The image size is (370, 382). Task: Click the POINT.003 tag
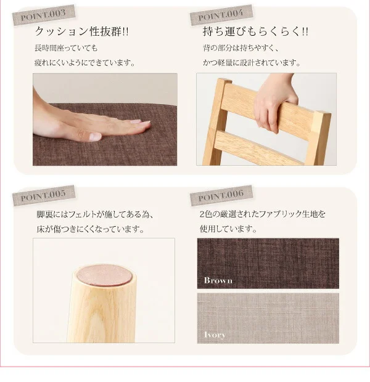click(44, 15)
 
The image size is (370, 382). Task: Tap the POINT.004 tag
click(221, 15)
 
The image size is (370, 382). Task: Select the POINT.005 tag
click(44, 195)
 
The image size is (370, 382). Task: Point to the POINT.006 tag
click(221, 195)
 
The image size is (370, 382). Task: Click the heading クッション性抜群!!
click(81, 31)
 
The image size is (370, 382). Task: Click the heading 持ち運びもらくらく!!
click(255, 31)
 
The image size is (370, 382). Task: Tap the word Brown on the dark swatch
click(218, 280)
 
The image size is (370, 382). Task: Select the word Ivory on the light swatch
click(215, 335)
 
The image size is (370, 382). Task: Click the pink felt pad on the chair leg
click(104, 275)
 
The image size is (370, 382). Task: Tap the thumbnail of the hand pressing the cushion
click(105, 120)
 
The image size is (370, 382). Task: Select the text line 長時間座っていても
click(66, 48)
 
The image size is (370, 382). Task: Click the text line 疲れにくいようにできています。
click(85, 63)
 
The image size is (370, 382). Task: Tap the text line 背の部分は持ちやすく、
click(241, 48)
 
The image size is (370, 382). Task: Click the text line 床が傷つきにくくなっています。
click(91, 229)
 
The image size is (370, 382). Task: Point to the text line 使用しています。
click(229, 229)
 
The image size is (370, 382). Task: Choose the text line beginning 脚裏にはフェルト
click(95, 214)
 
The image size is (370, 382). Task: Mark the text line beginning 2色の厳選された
click(263, 214)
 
